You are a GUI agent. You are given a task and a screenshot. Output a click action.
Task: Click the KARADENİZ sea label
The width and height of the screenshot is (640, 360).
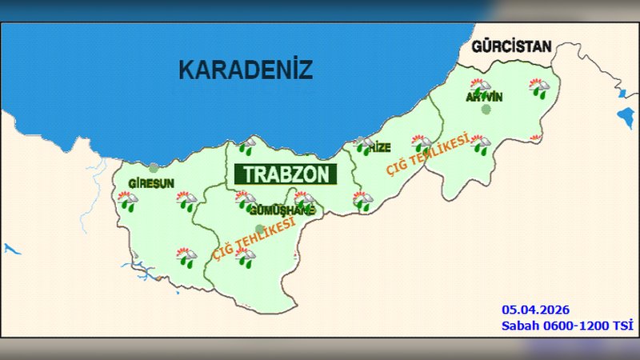pos(244,70)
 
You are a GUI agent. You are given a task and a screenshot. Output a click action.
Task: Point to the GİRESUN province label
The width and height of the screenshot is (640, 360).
pos(151,183)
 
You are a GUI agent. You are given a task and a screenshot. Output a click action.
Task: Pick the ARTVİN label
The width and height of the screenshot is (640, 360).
pos(484,97)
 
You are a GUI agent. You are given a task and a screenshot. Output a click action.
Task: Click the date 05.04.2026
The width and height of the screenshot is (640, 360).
pos(535,309)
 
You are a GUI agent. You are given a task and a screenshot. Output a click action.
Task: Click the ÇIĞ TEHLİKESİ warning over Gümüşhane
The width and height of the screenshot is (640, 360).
pos(254,237)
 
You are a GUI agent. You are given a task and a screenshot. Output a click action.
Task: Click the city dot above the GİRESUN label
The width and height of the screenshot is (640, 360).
pos(153,168)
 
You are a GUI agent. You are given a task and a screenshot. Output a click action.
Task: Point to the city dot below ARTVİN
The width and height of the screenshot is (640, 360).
pos(485,110)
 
